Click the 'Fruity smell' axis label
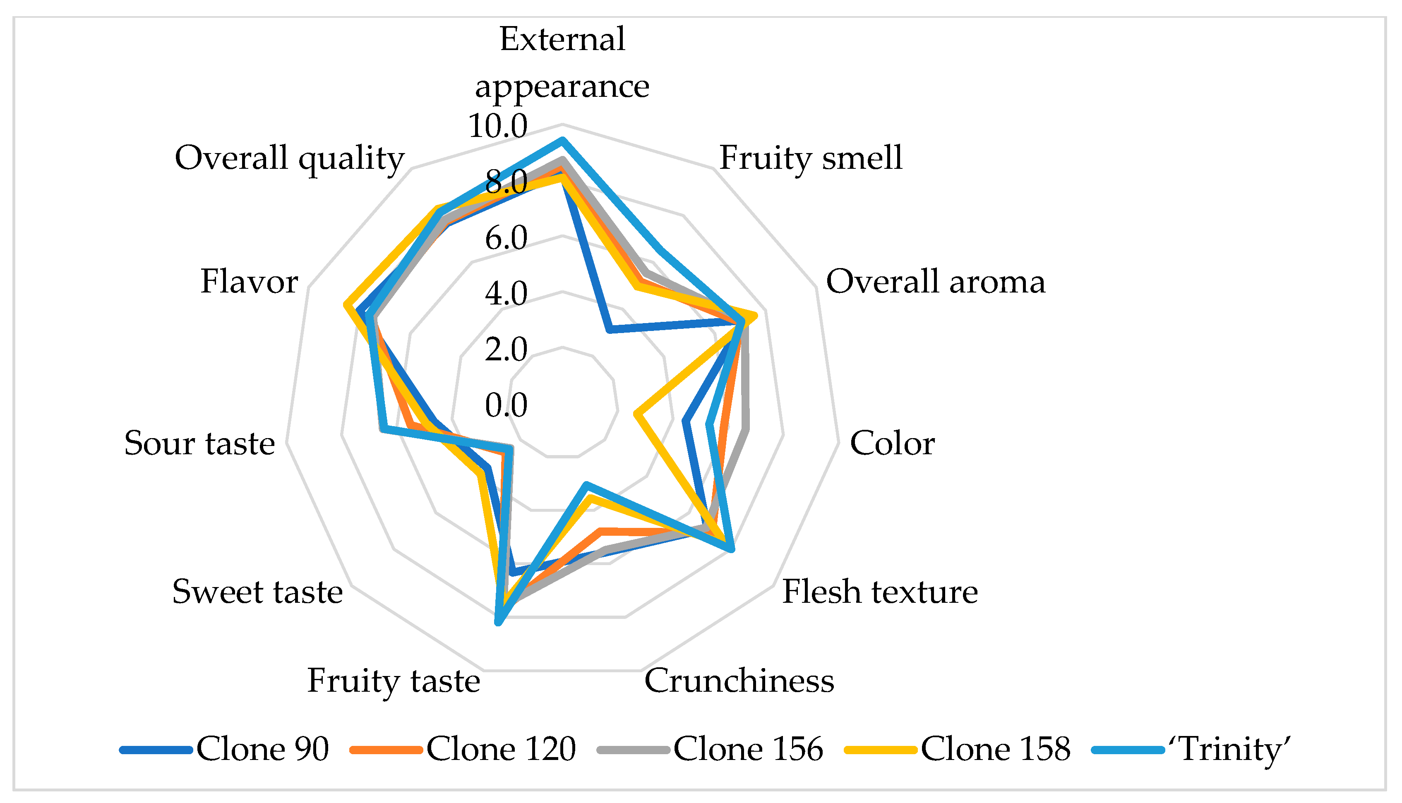[811, 158]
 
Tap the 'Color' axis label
[892, 443]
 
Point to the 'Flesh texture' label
[880, 592]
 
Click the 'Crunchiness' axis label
[739, 681]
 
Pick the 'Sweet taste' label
[257, 592]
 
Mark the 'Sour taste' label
[199, 443]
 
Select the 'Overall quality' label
[290, 158]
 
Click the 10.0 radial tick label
[497, 126]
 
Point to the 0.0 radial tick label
[506, 405]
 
